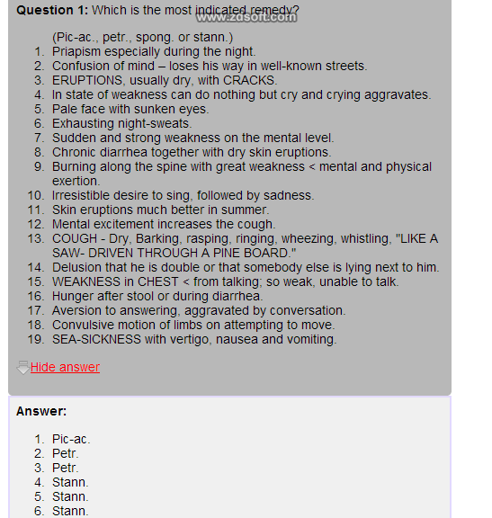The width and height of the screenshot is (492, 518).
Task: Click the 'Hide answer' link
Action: click(x=65, y=367)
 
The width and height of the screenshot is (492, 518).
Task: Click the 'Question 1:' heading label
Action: click(x=52, y=12)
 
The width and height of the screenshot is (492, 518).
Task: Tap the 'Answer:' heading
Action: click(x=41, y=411)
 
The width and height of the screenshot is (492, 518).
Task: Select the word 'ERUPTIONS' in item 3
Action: click(x=86, y=80)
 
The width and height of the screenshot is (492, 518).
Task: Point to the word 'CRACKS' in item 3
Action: click(x=249, y=80)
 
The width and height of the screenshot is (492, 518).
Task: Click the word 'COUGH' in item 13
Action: click(x=74, y=238)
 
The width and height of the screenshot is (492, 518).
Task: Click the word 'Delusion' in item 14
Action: click(x=77, y=267)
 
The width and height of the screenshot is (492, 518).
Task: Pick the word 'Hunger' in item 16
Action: click(x=73, y=296)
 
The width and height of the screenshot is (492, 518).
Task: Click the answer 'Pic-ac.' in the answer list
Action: click(x=71, y=439)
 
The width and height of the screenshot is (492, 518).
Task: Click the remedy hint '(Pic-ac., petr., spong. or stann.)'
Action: click(x=142, y=37)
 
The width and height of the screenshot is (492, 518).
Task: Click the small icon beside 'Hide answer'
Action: click(x=22, y=367)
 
